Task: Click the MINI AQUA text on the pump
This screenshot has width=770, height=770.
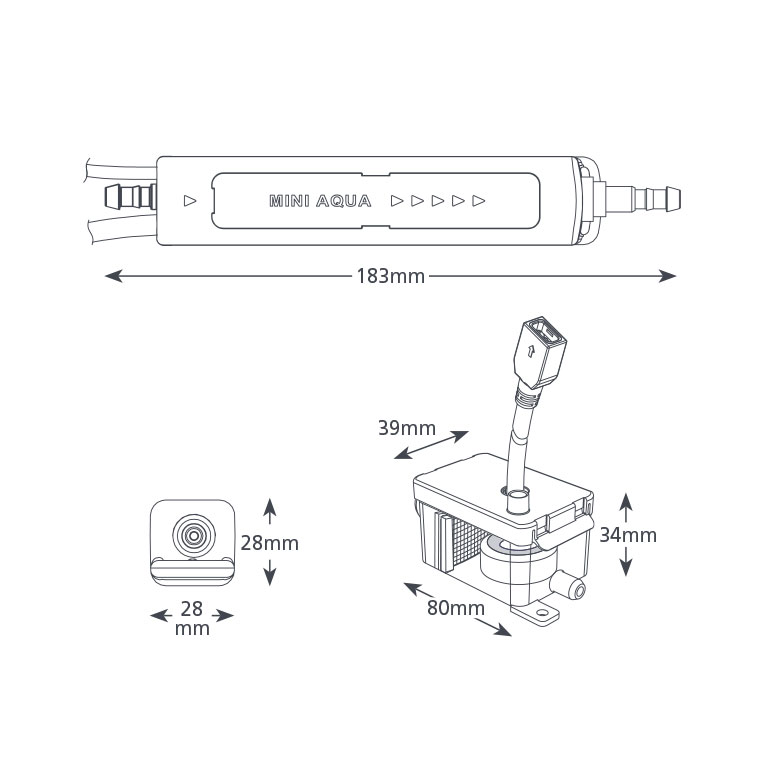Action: [320, 201]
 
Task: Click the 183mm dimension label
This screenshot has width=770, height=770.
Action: [391, 276]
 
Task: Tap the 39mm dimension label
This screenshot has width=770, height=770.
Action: [406, 428]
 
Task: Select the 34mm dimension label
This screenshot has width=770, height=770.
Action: [628, 535]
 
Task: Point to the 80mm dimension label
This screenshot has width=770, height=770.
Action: [455, 607]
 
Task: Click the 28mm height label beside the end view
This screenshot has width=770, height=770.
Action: [270, 543]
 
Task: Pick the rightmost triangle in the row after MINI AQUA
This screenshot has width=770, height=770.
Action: [479, 201]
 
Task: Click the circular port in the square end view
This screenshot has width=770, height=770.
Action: [190, 536]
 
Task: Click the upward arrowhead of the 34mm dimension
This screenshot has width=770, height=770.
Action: [625, 498]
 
